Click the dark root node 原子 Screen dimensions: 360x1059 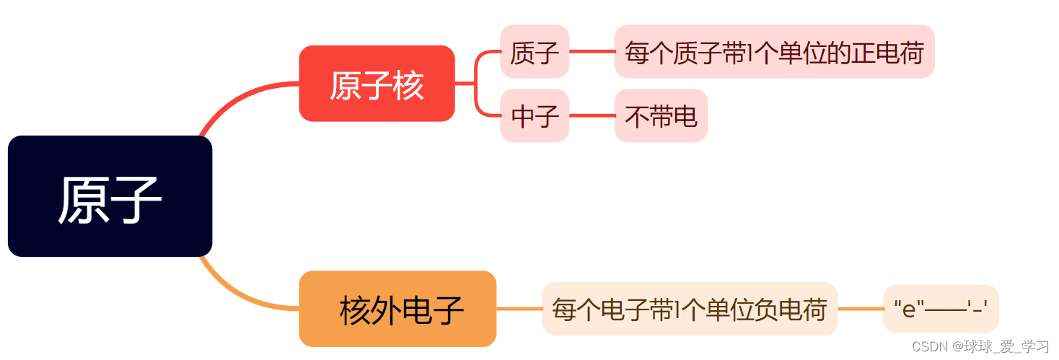click(x=110, y=196)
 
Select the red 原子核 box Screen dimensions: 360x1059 click(x=377, y=84)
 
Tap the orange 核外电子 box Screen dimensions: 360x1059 click(x=397, y=309)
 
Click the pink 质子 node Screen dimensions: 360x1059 click(x=535, y=52)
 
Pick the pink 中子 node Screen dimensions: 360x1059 click(x=535, y=115)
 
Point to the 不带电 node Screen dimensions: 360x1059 click(x=661, y=115)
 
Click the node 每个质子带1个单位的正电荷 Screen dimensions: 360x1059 click(x=774, y=52)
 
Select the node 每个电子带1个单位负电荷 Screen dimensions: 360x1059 click(x=689, y=309)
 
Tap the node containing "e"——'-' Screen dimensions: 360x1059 click(x=940, y=309)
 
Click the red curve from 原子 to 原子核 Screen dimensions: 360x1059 click(x=238, y=97)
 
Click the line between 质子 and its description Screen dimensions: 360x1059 click(x=592, y=52)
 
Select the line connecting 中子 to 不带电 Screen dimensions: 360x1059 click(x=592, y=115)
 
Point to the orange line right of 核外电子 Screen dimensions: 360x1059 click(x=519, y=309)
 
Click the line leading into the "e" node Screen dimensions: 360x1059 click(x=860, y=309)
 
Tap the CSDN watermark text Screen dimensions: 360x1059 click(x=980, y=347)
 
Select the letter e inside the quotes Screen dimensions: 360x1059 click(x=909, y=310)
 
